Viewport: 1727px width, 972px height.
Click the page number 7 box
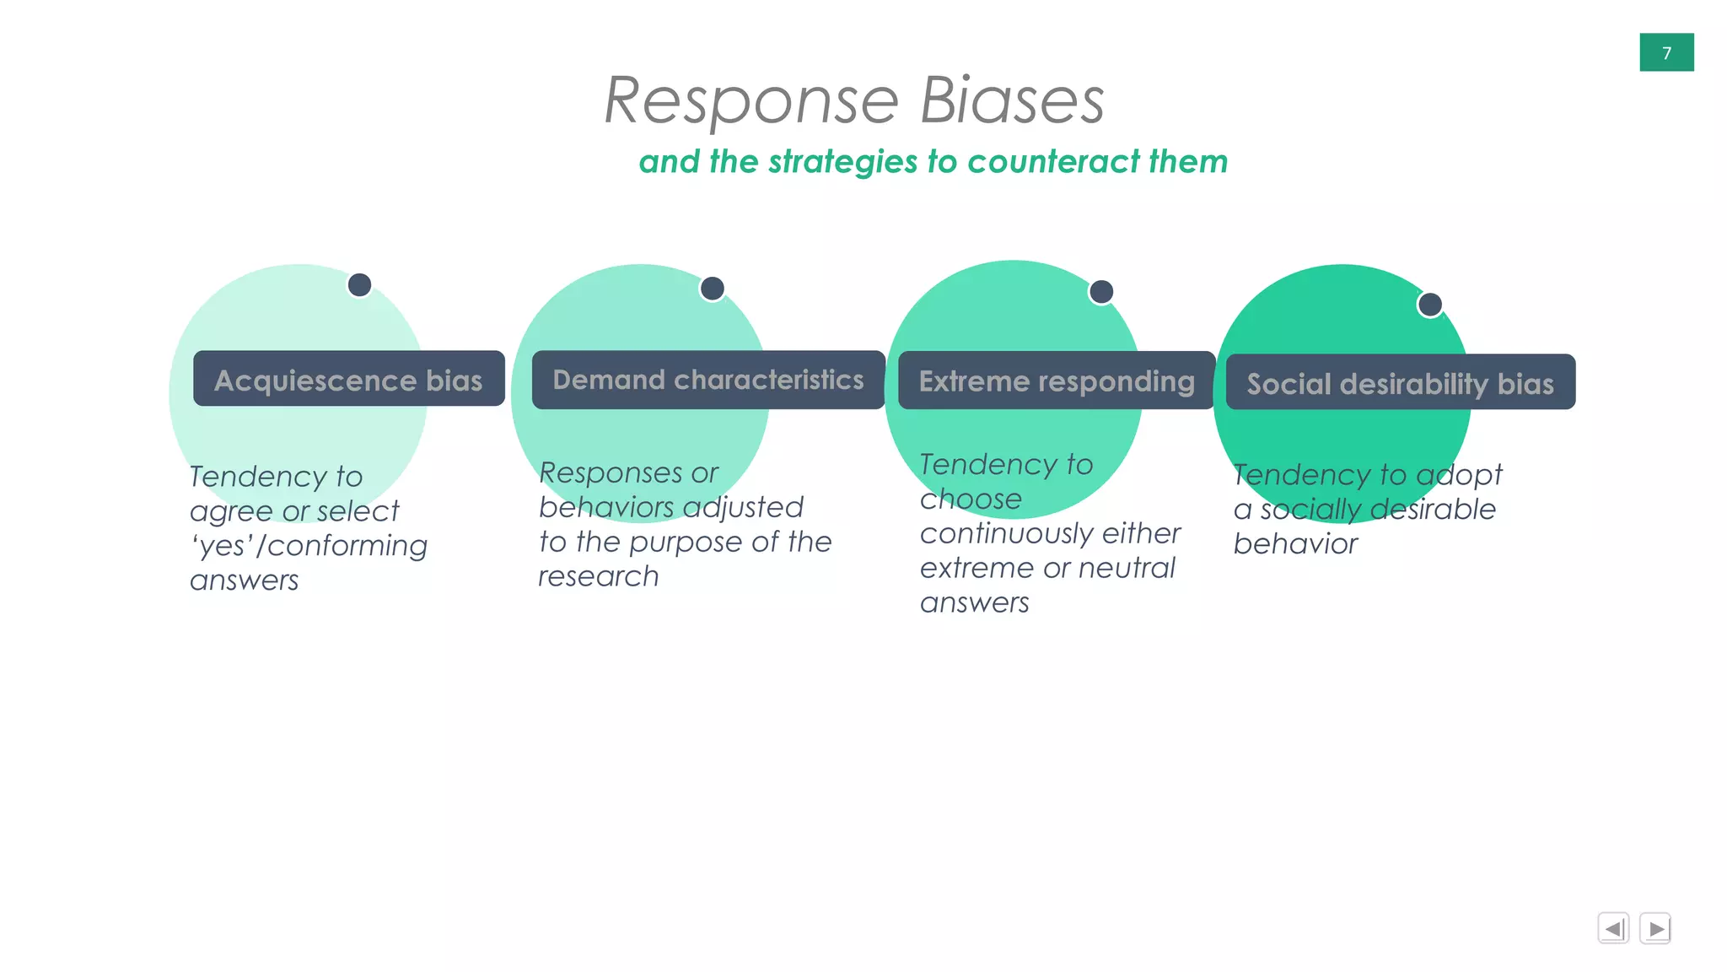(1665, 52)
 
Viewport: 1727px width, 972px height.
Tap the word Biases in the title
(1011, 101)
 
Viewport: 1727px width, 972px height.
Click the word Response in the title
(751, 101)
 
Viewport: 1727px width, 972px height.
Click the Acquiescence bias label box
(348, 380)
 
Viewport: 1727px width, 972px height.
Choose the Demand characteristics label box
(707, 380)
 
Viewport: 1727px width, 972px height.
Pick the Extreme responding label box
(1056, 381)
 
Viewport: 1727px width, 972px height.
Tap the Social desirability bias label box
(1400, 383)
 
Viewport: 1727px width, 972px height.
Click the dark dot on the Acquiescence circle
(359, 285)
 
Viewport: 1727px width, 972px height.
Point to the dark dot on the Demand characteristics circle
(713, 289)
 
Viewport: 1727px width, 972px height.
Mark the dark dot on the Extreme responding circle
(1101, 292)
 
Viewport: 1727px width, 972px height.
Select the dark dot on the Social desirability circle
(1430, 305)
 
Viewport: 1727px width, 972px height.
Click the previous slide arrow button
(1613, 928)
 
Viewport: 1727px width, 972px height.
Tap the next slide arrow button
(1655, 928)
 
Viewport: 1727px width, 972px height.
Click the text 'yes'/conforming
(309, 546)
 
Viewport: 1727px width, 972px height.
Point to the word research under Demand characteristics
(598, 576)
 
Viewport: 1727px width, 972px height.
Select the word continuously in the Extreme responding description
(995, 534)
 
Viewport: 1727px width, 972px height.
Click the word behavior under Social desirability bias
(1295, 544)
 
